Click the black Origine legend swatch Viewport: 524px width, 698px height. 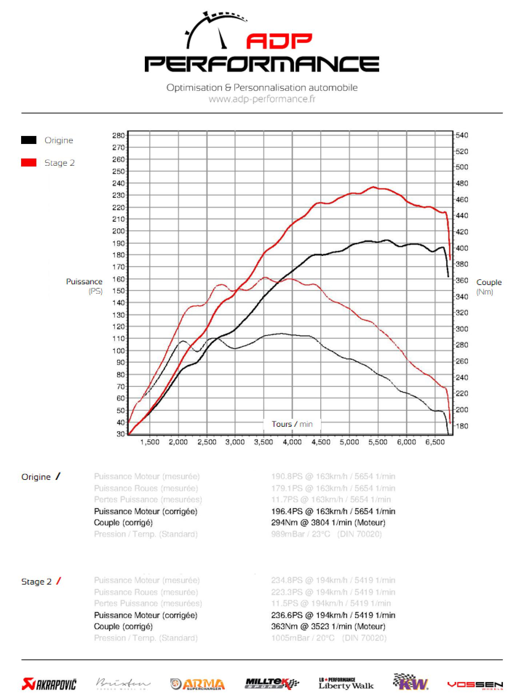29,140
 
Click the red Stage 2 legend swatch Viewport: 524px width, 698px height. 29,163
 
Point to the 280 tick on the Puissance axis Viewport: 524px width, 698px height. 119,135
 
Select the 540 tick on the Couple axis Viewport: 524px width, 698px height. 462,135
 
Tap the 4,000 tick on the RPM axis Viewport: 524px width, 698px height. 292,442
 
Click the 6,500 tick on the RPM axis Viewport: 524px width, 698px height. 435,442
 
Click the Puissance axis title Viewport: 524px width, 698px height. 84,282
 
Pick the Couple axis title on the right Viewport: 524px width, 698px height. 489,282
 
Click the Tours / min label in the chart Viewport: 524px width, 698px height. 292,424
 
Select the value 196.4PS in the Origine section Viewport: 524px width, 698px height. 287,511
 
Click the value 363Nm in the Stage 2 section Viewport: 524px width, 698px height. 284,626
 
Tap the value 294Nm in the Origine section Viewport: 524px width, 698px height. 284,522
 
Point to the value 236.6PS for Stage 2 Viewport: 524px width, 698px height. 287,615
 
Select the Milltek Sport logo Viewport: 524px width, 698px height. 272,684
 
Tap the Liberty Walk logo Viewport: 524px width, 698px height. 346,684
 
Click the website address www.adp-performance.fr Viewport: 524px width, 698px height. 262,99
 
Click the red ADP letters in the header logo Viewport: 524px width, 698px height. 279,41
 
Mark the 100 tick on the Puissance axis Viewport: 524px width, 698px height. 119,350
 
